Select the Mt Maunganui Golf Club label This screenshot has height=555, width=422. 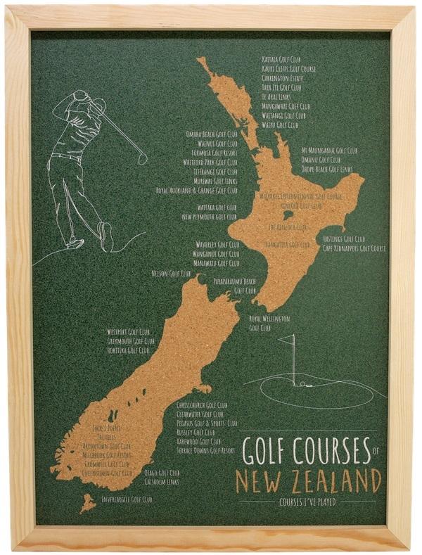[329, 151]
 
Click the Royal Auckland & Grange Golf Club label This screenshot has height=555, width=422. [196, 190]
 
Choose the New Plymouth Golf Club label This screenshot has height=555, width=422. [209, 217]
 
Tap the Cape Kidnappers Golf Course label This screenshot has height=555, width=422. [354, 248]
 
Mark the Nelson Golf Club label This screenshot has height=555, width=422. [171, 273]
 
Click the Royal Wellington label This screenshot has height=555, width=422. [269, 319]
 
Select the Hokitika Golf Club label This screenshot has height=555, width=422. [128, 350]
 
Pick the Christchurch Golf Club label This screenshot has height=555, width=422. [202, 406]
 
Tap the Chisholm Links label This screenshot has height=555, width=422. [162, 482]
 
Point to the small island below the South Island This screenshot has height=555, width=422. [87, 502]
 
